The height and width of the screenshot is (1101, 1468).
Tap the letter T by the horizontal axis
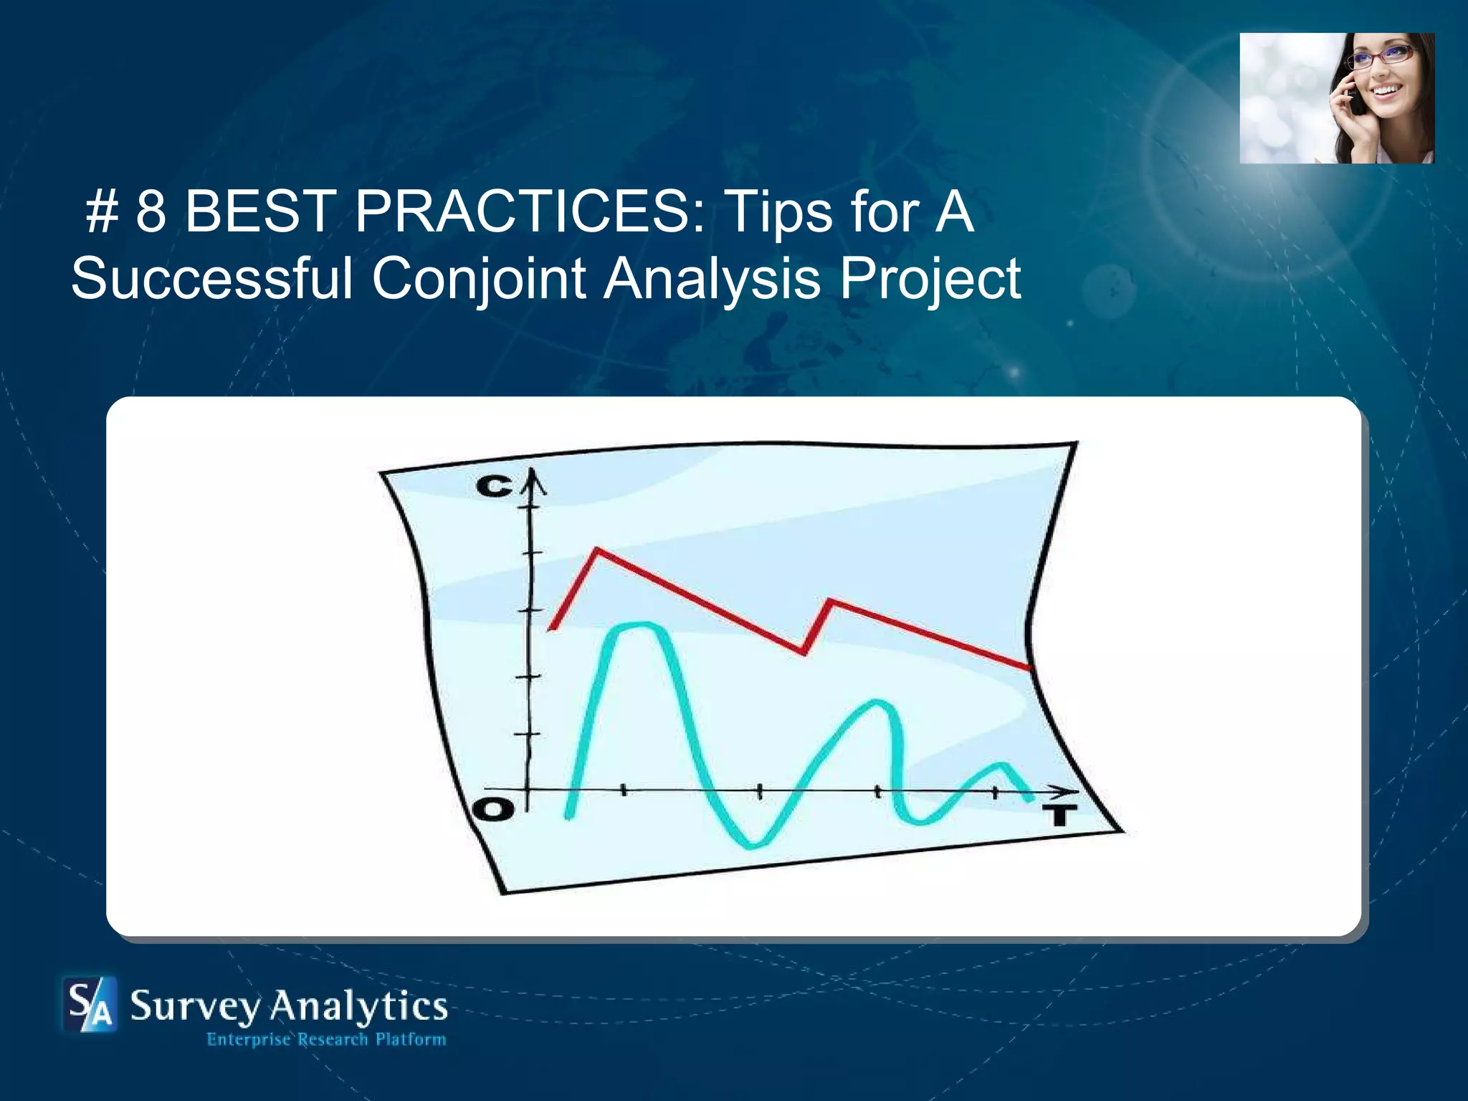coord(1059,815)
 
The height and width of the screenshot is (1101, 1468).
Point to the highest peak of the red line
coord(597,550)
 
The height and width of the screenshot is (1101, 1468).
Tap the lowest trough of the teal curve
coord(753,844)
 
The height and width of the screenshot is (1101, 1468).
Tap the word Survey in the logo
coord(195,1007)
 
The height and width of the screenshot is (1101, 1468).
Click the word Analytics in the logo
coord(358,1007)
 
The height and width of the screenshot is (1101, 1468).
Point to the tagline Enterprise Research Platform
coord(326,1039)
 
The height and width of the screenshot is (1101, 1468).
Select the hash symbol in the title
coord(101,213)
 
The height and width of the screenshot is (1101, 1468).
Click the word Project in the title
coord(930,280)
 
